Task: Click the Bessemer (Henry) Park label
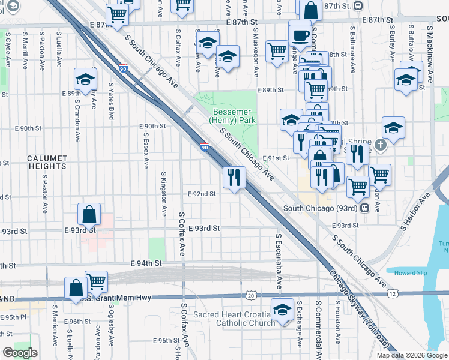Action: click(234, 116)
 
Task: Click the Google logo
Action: click(20, 352)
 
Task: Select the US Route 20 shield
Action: click(250, 295)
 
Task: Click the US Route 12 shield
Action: click(392, 294)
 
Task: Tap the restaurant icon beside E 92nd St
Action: click(234, 177)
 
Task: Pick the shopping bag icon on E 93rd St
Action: click(89, 214)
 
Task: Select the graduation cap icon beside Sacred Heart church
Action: click(280, 310)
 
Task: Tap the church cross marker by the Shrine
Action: click(381, 144)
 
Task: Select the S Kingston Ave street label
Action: click(163, 194)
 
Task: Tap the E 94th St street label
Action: click(147, 263)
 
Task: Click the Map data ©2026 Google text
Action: click(412, 355)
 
